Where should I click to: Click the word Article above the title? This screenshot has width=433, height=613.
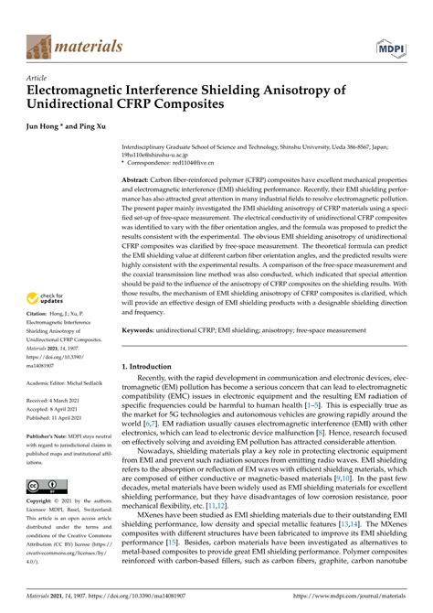click(37, 80)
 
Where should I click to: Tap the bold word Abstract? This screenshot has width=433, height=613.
click(137, 181)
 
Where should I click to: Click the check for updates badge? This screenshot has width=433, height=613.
click(48, 299)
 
